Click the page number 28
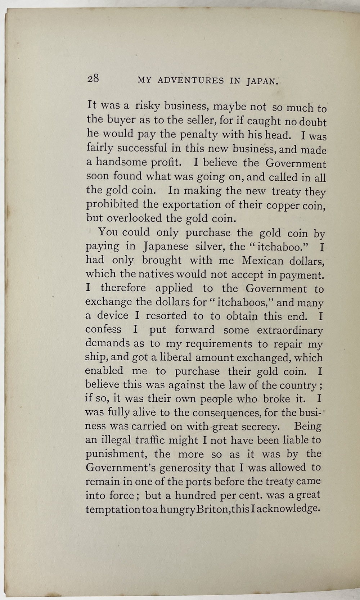point(93,78)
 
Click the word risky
point(147,107)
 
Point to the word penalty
point(198,135)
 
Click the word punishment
point(113,454)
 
